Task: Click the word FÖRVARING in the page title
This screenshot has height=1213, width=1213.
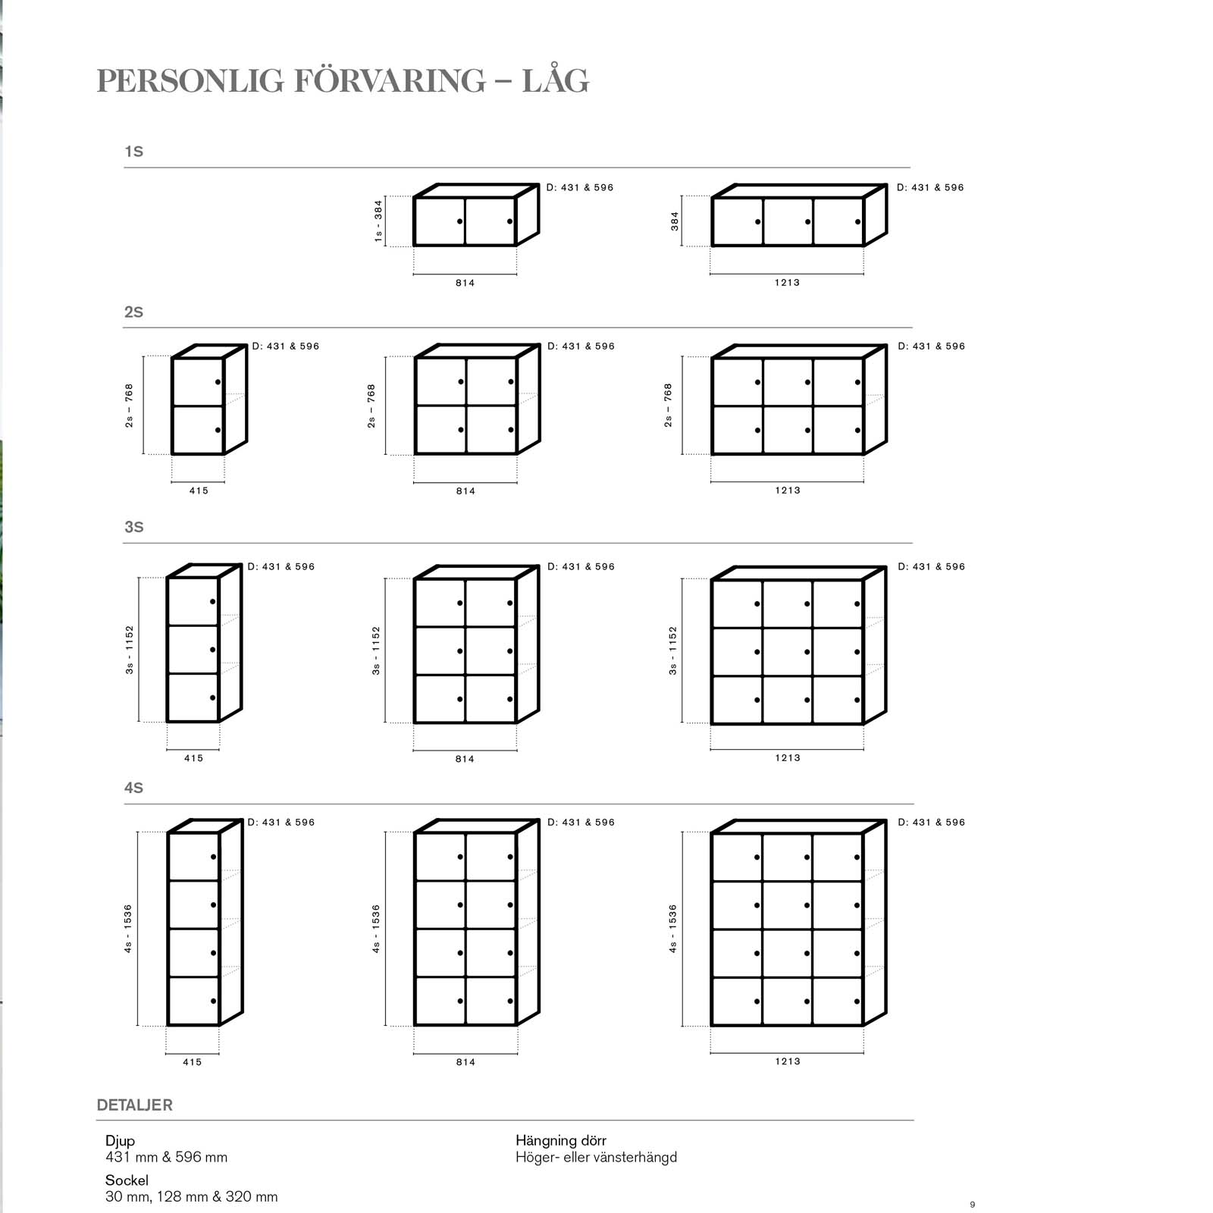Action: coord(389,81)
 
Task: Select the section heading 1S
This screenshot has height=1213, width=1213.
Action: coord(133,152)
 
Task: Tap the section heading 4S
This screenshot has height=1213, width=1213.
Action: coord(133,788)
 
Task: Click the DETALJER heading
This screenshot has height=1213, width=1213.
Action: coord(134,1105)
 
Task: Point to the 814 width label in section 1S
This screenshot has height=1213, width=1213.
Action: coord(465,283)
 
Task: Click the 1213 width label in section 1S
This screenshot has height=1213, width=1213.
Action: coord(787,282)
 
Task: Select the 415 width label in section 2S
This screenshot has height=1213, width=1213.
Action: coord(199,491)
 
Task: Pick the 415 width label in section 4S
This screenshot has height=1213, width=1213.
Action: coord(193,1062)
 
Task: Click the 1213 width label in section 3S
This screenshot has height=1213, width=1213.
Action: coord(787,757)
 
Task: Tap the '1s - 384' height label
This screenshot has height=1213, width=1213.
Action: coord(378,221)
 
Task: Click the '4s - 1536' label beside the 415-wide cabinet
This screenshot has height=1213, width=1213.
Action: coord(128,929)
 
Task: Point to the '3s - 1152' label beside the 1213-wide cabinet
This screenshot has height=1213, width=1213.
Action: coord(672,650)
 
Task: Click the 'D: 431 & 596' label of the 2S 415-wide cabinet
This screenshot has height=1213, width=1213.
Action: coord(286,346)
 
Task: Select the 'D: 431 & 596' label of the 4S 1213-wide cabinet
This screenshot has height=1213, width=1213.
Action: coord(931,822)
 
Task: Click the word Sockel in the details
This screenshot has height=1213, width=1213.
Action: coord(127,1180)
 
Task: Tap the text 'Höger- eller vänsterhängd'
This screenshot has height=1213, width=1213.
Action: coord(596,1158)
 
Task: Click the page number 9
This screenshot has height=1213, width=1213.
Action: coord(973,1205)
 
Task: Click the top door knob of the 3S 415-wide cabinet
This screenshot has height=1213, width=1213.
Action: coord(213,602)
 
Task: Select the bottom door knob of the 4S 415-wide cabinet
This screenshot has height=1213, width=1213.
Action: coord(214,1001)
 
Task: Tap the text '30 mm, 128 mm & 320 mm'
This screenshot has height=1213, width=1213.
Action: coord(191,1197)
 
